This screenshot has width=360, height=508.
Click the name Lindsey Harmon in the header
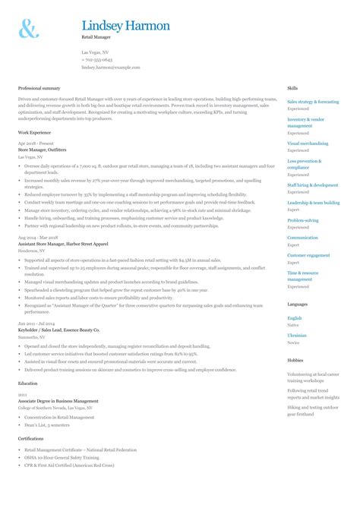125,26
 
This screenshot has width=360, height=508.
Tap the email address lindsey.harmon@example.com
111,67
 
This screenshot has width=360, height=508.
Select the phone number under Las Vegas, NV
97,59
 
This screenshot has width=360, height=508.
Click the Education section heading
28,384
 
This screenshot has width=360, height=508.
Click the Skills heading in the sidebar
292,89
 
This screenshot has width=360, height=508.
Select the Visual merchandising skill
308,143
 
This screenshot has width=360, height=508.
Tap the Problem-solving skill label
302,220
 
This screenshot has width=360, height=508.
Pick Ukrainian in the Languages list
297,335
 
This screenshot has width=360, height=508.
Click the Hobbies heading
295,360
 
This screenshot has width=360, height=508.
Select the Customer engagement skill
308,255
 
